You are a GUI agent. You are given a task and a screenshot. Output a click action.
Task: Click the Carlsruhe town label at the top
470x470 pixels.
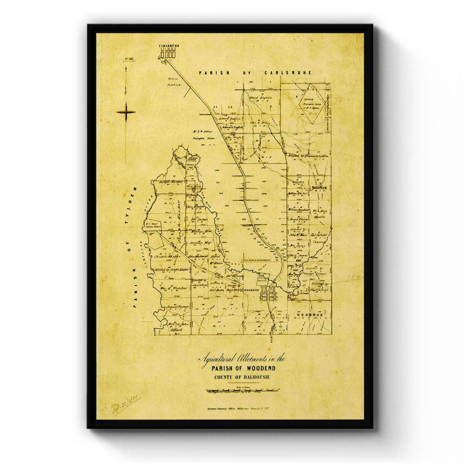169,46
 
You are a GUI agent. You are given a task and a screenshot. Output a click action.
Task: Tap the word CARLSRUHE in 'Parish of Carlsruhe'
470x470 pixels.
288,73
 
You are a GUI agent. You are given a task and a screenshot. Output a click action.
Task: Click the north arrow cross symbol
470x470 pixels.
126,112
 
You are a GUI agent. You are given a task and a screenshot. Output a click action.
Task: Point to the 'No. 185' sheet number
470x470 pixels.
129,59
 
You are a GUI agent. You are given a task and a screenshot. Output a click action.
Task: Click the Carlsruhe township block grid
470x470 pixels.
168,54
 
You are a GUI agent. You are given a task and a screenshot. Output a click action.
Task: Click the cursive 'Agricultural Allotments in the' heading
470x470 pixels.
243,359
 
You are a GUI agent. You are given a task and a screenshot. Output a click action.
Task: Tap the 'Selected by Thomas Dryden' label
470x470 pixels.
307,156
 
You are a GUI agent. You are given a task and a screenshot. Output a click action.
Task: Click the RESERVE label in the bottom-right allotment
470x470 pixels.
309,315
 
